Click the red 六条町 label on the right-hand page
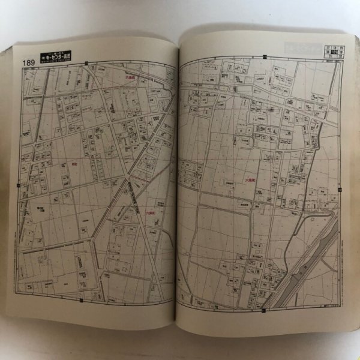[250, 179]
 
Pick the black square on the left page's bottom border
[80, 300]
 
